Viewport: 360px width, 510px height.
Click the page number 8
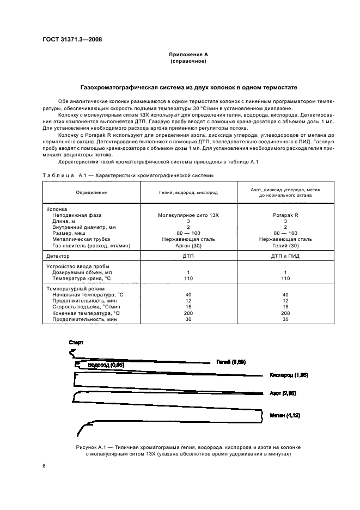[x=44, y=465]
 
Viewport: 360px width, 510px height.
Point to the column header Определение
[x=91, y=192]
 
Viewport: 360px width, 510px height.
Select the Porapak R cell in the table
[x=285, y=215]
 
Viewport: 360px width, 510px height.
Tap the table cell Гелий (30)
[x=285, y=246]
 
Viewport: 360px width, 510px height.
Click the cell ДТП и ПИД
[x=285, y=255]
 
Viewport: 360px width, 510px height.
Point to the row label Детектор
[x=58, y=255]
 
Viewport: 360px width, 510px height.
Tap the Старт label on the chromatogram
[x=76, y=342]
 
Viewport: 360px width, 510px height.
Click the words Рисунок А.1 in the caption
[x=86, y=447]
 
